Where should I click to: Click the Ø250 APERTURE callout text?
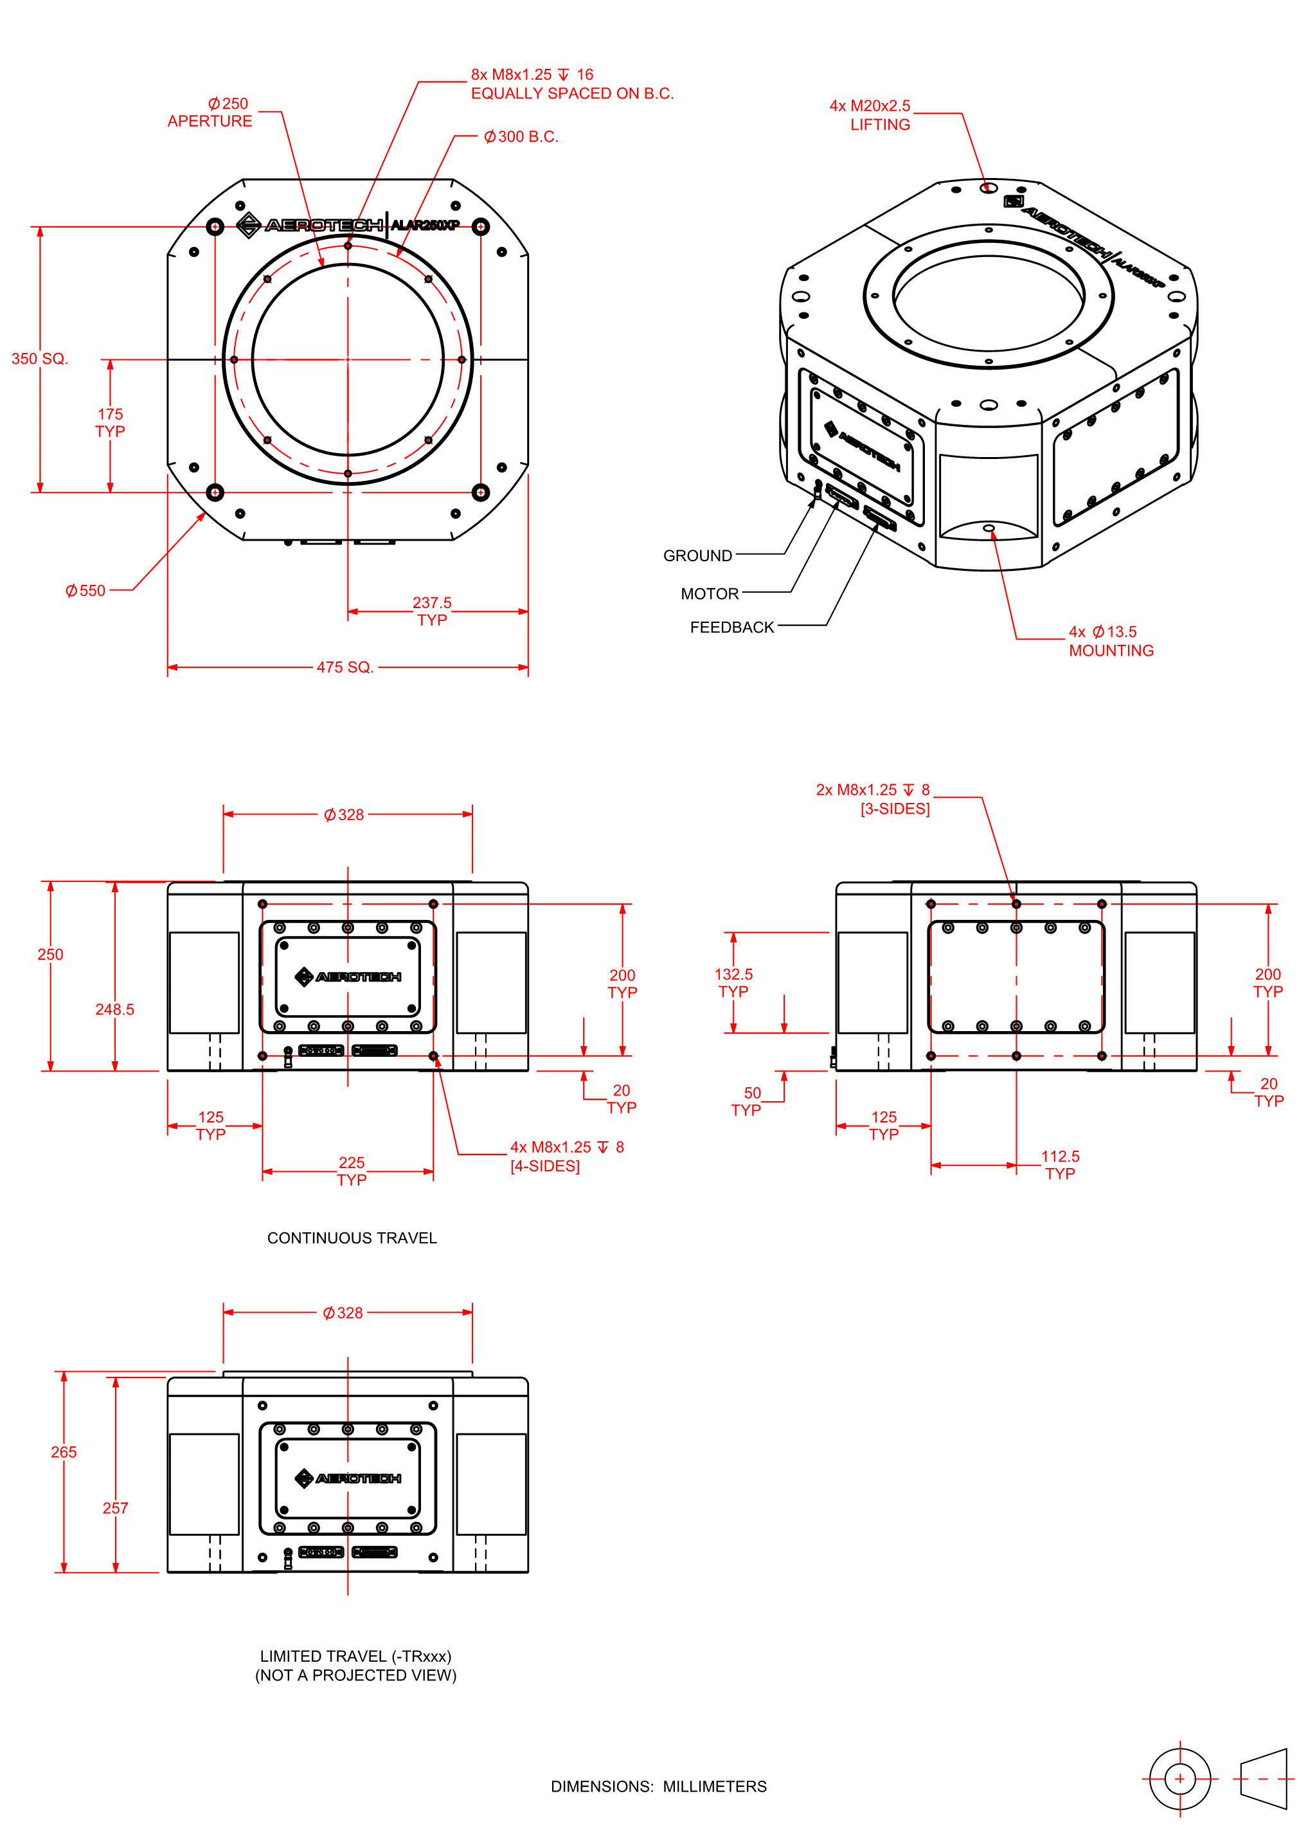(x=210, y=112)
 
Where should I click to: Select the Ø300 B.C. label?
(x=521, y=137)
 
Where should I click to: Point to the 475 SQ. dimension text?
(x=345, y=667)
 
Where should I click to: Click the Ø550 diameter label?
(x=85, y=591)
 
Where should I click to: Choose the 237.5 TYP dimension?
(x=432, y=611)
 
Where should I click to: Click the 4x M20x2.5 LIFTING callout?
(x=870, y=115)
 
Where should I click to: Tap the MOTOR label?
(x=710, y=593)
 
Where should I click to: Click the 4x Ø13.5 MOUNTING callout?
(x=1111, y=642)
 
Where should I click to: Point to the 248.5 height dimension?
(x=114, y=1009)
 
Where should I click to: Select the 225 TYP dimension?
(x=352, y=1171)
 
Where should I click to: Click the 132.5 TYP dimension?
(x=733, y=983)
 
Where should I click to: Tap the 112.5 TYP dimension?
(x=1060, y=1164)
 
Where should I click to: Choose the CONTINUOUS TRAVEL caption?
(x=352, y=1238)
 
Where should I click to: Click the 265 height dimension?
(x=64, y=1452)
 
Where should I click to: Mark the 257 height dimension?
(x=115, y=1508)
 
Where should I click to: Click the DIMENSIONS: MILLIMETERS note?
(x=658, y=1786)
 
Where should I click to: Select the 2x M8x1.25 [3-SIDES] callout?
(x=873, y=799)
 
